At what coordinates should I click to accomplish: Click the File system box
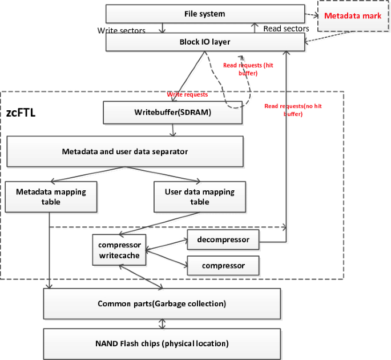pyautogui.click(x=205, y=14)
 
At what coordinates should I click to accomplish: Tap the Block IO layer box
pyautogui.click(x=205, y=42)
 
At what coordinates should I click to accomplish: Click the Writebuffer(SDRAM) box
pyautogui.click(x=173, y=113)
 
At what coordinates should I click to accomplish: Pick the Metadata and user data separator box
pyautogui.click(x=125, y=151)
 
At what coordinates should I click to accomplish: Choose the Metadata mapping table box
pyautogui.click(x=51, y=197)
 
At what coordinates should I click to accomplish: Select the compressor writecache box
pyautogui.click(x=119, y=250)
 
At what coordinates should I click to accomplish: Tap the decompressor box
pyautogui.click(x=223, y=239)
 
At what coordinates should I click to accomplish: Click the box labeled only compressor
pyautogui.click(x=223, y=266)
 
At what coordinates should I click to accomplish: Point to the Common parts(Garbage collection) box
pyautogui.click(x=162, y=303)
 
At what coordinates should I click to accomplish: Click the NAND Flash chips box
pyautogui.click(x=162, y=343)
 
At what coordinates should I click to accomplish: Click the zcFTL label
pyautogui.click(x=21, y=113)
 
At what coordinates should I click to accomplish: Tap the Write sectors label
pyautogui.click(x=121, y=30)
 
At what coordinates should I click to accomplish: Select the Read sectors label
pyautogui.click(x=286, y=28)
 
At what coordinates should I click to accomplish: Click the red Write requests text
pyautogui.click(x=187, y=94)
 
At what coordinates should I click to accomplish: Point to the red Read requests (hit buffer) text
pyautogui.click(x=248, y=69)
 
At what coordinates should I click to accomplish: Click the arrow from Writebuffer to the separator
pyautogui.click(x=173, y=130)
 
